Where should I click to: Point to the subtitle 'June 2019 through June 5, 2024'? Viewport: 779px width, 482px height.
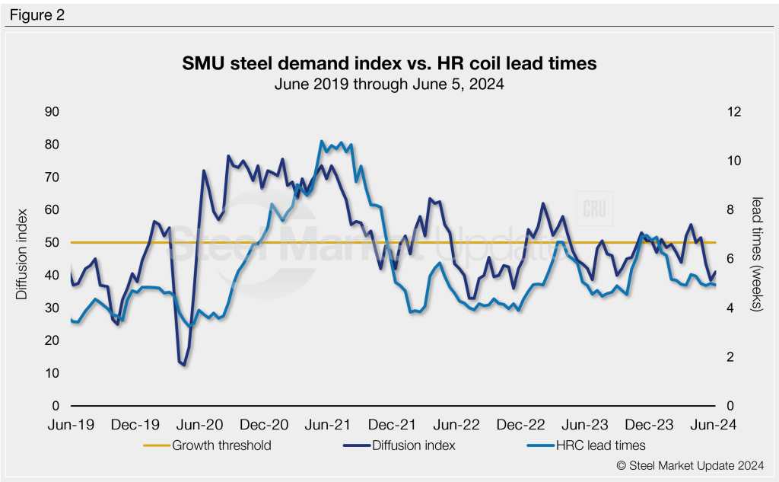[x=389, y=85]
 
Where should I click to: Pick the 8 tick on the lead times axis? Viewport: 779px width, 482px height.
[x=730, y=210]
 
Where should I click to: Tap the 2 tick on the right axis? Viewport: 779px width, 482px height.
[x=730, y=357]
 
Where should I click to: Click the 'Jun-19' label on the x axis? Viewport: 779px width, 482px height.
[x=71, y=424]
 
